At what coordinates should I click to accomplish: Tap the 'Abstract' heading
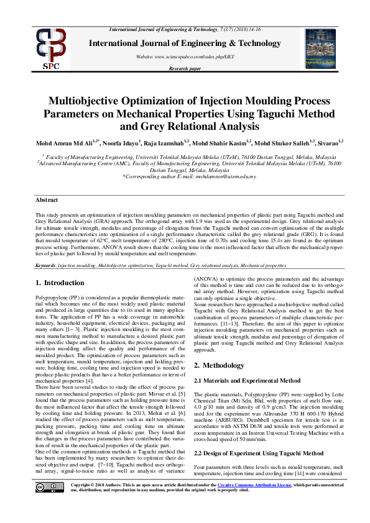45,201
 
